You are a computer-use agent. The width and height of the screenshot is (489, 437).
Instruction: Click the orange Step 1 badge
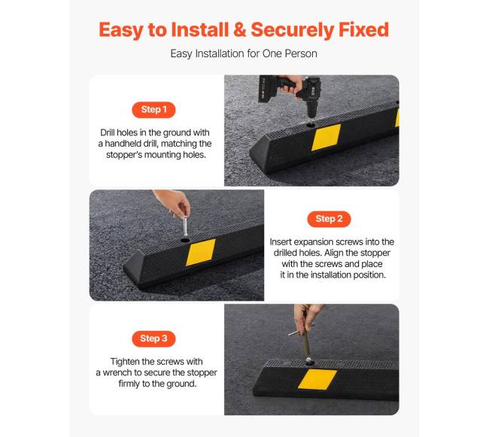point(153,110)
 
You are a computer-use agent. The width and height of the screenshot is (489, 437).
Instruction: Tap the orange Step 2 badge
point(329,219)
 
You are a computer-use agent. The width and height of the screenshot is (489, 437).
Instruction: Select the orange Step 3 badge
point(153,338)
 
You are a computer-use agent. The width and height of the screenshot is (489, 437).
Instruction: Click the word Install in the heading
point(200,30)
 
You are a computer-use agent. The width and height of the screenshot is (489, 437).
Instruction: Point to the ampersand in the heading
point(239,30)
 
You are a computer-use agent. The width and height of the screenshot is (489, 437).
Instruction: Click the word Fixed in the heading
point(363,30)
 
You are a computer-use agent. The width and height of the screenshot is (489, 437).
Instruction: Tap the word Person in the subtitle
point(301,53)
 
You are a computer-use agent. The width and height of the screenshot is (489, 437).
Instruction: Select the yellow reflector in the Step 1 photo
point(327,137)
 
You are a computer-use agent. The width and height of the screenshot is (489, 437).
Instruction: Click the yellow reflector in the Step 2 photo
point(201,252)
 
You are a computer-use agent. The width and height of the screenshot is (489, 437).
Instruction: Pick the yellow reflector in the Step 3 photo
point(317,379)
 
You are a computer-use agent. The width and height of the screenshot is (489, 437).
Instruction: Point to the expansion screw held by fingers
point(185,226)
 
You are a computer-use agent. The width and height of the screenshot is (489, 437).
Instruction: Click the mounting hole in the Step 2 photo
point(185,241)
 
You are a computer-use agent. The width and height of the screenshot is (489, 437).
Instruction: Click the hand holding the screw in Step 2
point(174,202)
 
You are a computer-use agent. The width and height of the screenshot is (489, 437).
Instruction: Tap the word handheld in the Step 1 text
point(123,144)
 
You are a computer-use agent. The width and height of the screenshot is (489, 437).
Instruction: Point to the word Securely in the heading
point(292,31)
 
